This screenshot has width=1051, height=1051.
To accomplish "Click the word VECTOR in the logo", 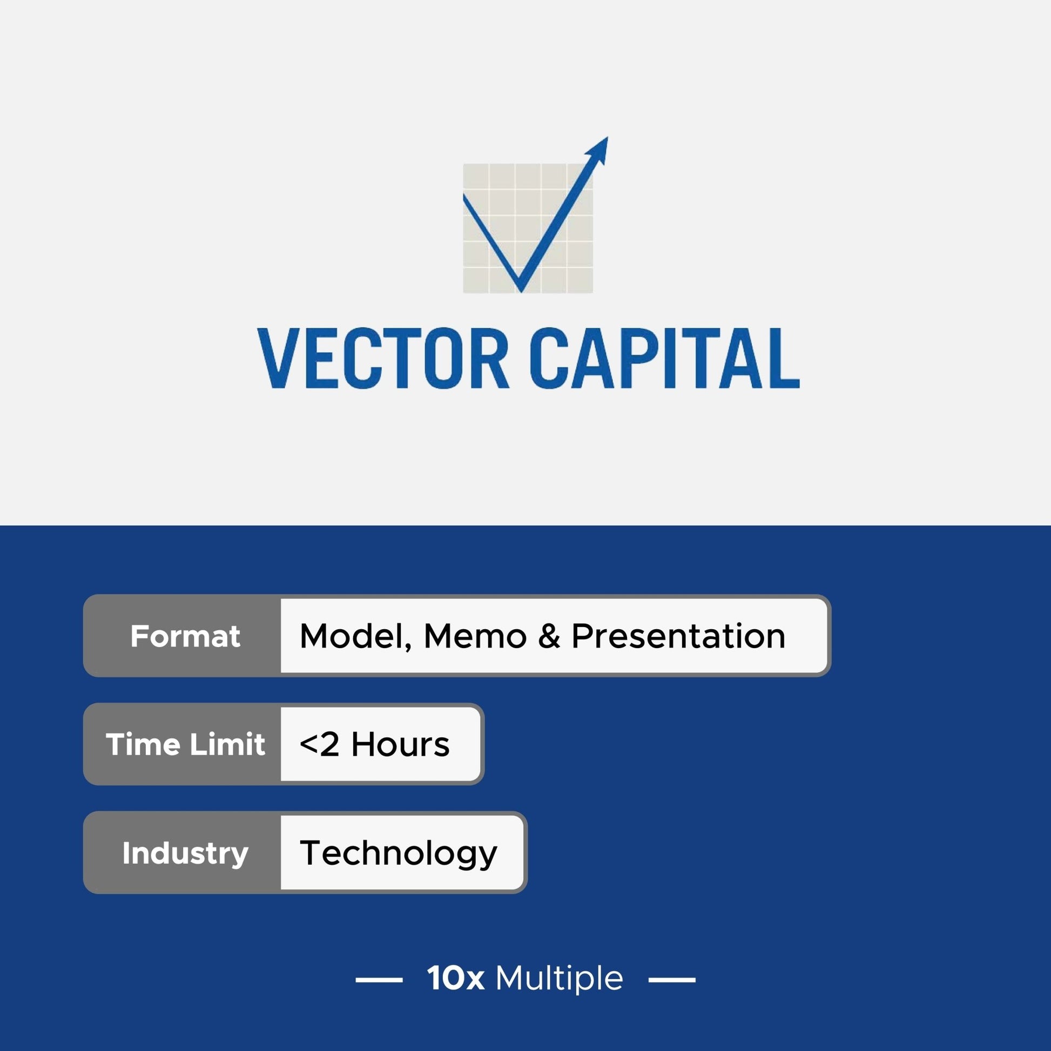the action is (x=383, y=358).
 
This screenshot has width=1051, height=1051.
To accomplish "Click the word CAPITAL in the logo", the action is (x=664, y=358).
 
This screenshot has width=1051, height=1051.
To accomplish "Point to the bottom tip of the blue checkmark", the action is (x=521, y=292).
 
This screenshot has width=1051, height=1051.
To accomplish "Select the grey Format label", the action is (x=185, y=636).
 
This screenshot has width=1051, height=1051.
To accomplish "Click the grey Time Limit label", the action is (x=185, y=744).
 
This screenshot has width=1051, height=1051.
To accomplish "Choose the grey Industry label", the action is (x=185, y=852).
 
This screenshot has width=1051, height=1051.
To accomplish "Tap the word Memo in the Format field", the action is (x=475, y=636).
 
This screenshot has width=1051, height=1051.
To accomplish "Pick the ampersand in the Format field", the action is (x=549, y=636).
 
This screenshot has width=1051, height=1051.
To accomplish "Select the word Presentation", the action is (x=678, y=636).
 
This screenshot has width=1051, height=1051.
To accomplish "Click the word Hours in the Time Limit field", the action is (x=400, y=744).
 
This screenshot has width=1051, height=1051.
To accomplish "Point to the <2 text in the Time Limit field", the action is (x=319, y=744).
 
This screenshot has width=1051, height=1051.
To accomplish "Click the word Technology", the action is (x=398, y=853).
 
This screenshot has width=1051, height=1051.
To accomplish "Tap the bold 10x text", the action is (x=455, y=978).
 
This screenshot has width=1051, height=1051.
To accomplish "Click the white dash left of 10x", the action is (x=379, y=979).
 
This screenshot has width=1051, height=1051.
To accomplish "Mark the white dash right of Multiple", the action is (x=672, y=979).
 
